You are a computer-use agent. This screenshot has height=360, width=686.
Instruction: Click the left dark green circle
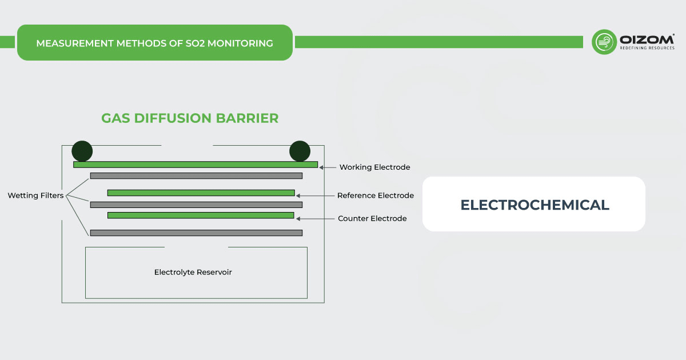(82, 151)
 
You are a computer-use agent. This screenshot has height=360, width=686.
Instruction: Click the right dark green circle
(300, 151)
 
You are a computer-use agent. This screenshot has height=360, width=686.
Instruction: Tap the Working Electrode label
(374, 167)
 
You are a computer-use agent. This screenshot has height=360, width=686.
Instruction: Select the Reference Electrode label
(375, 195)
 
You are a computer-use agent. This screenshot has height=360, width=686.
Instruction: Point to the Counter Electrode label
(372, 218)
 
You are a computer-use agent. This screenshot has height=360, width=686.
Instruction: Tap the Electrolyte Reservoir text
(193, 272)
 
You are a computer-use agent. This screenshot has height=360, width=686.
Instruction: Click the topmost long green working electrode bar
(195, 165)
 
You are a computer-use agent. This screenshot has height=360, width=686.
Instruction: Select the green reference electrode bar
(201, 193)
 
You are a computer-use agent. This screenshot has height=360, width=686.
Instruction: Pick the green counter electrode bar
(201, 215)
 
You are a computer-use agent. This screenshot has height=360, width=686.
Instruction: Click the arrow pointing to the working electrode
(327, 167)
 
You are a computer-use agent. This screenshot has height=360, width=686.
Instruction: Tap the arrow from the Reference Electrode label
(314, 195)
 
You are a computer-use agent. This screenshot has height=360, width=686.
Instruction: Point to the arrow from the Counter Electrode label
(315, 218)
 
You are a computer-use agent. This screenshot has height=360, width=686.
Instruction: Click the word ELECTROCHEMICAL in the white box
(535, 205)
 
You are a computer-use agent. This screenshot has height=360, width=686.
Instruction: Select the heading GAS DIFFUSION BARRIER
(190, 118)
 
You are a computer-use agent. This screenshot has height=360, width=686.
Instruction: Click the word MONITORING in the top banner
(240, 43)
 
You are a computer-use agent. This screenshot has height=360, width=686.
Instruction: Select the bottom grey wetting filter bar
(196, 233)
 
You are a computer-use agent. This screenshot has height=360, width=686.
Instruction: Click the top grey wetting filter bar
(196, 176)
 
